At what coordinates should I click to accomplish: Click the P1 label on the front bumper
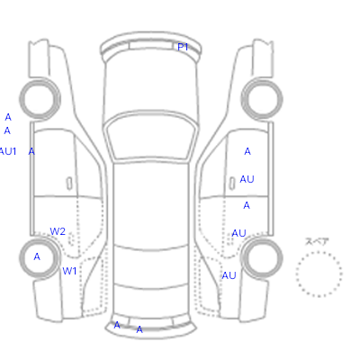[x=183, y=47]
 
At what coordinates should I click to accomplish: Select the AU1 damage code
[x=7, y=151]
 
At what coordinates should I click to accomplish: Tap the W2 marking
[x=58, y=231]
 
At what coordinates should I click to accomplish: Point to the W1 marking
[x=69, y=271]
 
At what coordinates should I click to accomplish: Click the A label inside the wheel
[x=37, y=256]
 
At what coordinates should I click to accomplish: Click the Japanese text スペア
[x=317, y=241]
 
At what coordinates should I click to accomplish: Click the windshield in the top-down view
[x=151, y=138]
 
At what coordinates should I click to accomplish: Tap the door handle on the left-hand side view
[x=69, y=184]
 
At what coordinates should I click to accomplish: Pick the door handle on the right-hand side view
[x=232, y=184]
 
